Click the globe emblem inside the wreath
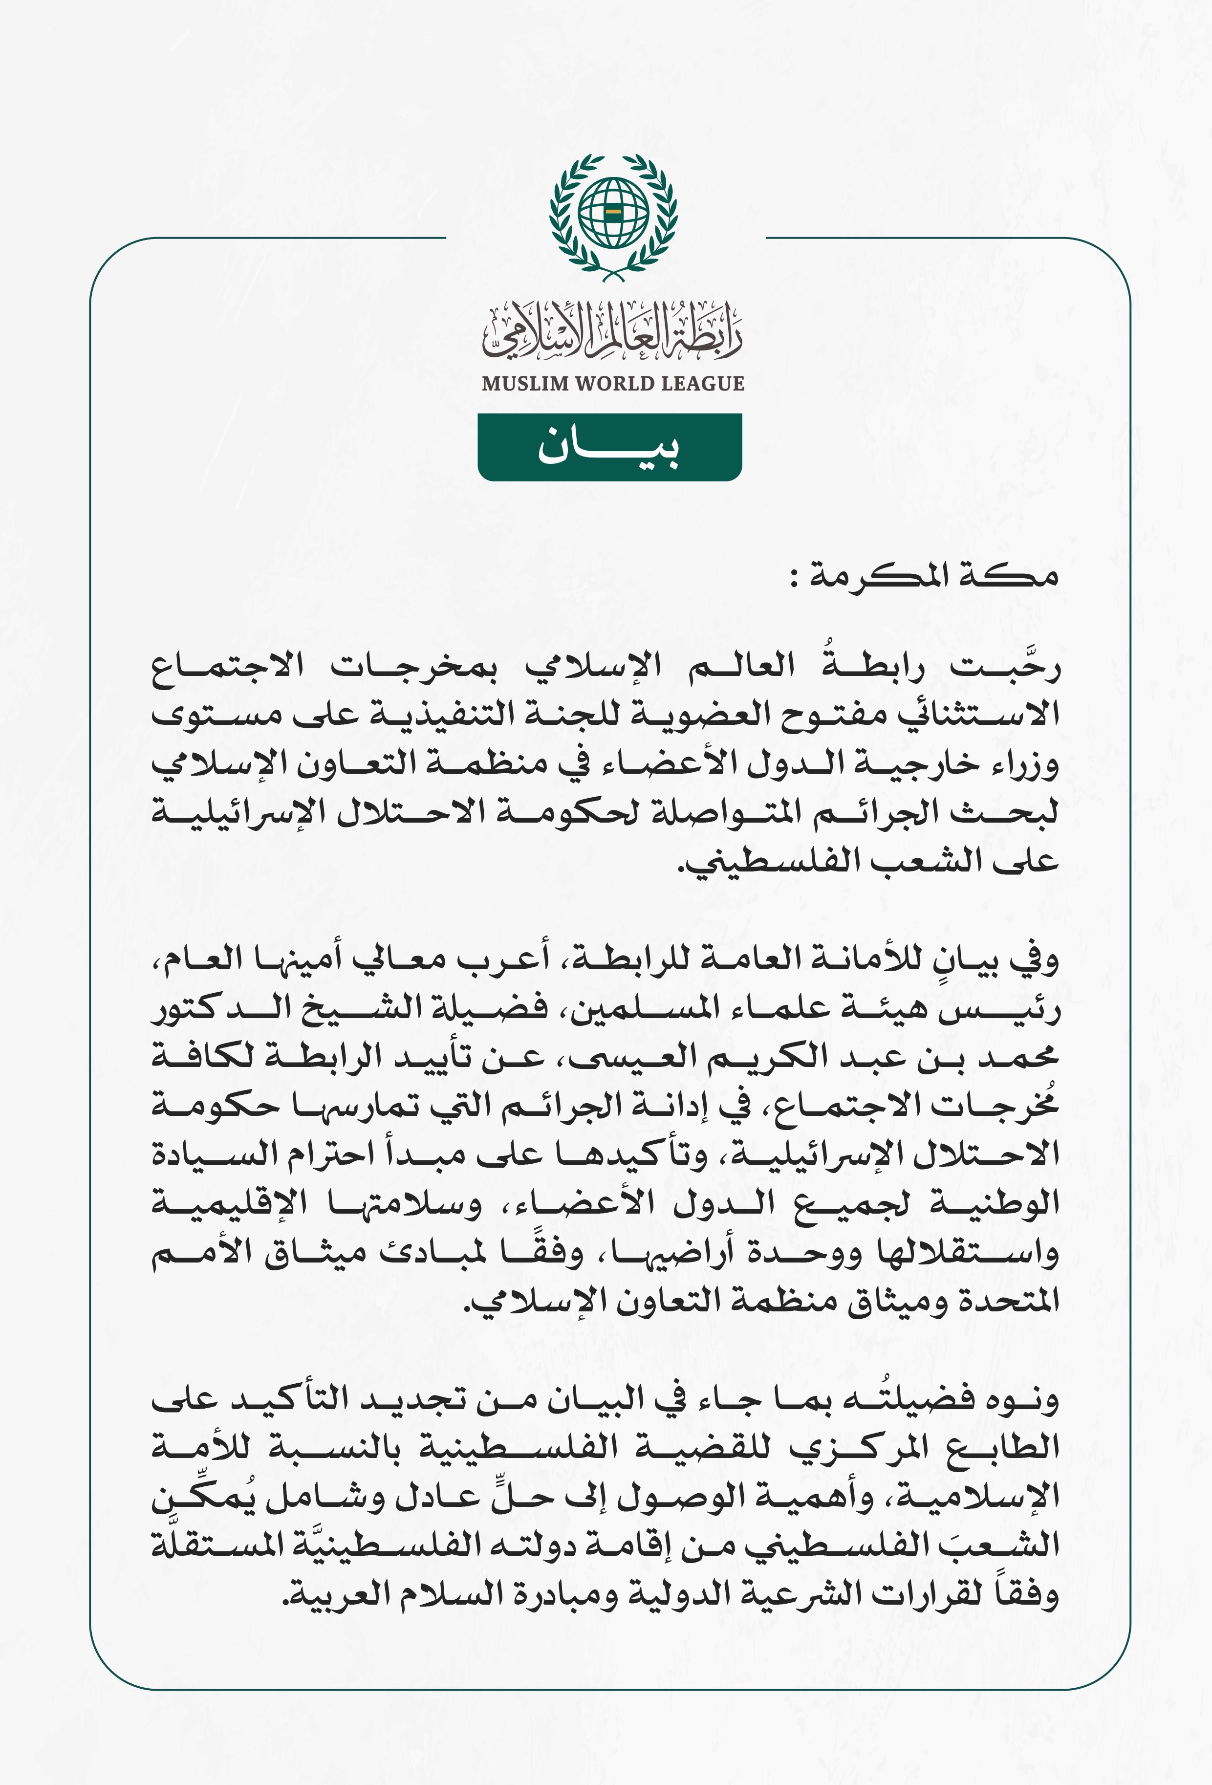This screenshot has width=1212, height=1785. point(613,211)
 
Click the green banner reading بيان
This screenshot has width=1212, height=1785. point(609,447)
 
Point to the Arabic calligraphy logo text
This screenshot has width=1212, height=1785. point(612,332)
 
